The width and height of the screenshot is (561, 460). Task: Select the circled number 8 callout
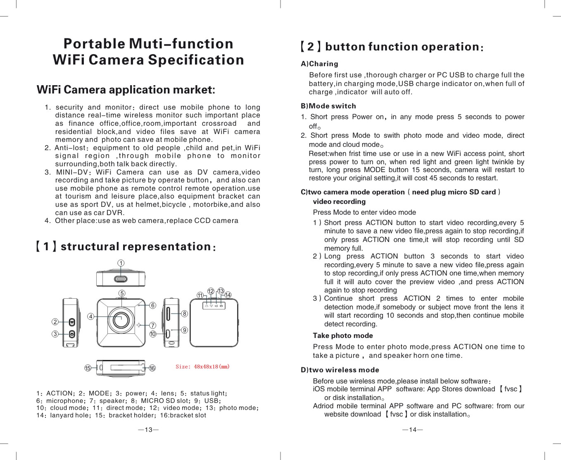pyautogui.click(x=185, y=314)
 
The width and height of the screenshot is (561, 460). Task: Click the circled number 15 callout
pyautogui.click(x=87, y=368)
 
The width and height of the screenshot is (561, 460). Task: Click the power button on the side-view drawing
pyautogui.click(x=72, y=334)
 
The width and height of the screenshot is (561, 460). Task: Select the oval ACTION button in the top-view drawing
pyautogui.click(x=121, y=278)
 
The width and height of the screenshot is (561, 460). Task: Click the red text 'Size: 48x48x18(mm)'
pyautogui.click(x=202, y=367)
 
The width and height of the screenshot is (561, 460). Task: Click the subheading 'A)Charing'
pyautogui.click(x=319, y=64)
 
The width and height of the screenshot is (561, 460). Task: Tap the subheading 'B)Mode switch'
pyautogui.click(x=328, y=106)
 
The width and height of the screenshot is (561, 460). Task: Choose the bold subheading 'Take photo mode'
pyautogui.click(x=342, y=335)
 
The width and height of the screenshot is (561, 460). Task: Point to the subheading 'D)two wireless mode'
pyautogui.click(x=340, y=370)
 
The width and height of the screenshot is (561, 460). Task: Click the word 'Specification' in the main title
pyautogui.click(x=196, y=60)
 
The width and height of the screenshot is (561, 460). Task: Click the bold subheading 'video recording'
pyautogui.click(x=339, y=202)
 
